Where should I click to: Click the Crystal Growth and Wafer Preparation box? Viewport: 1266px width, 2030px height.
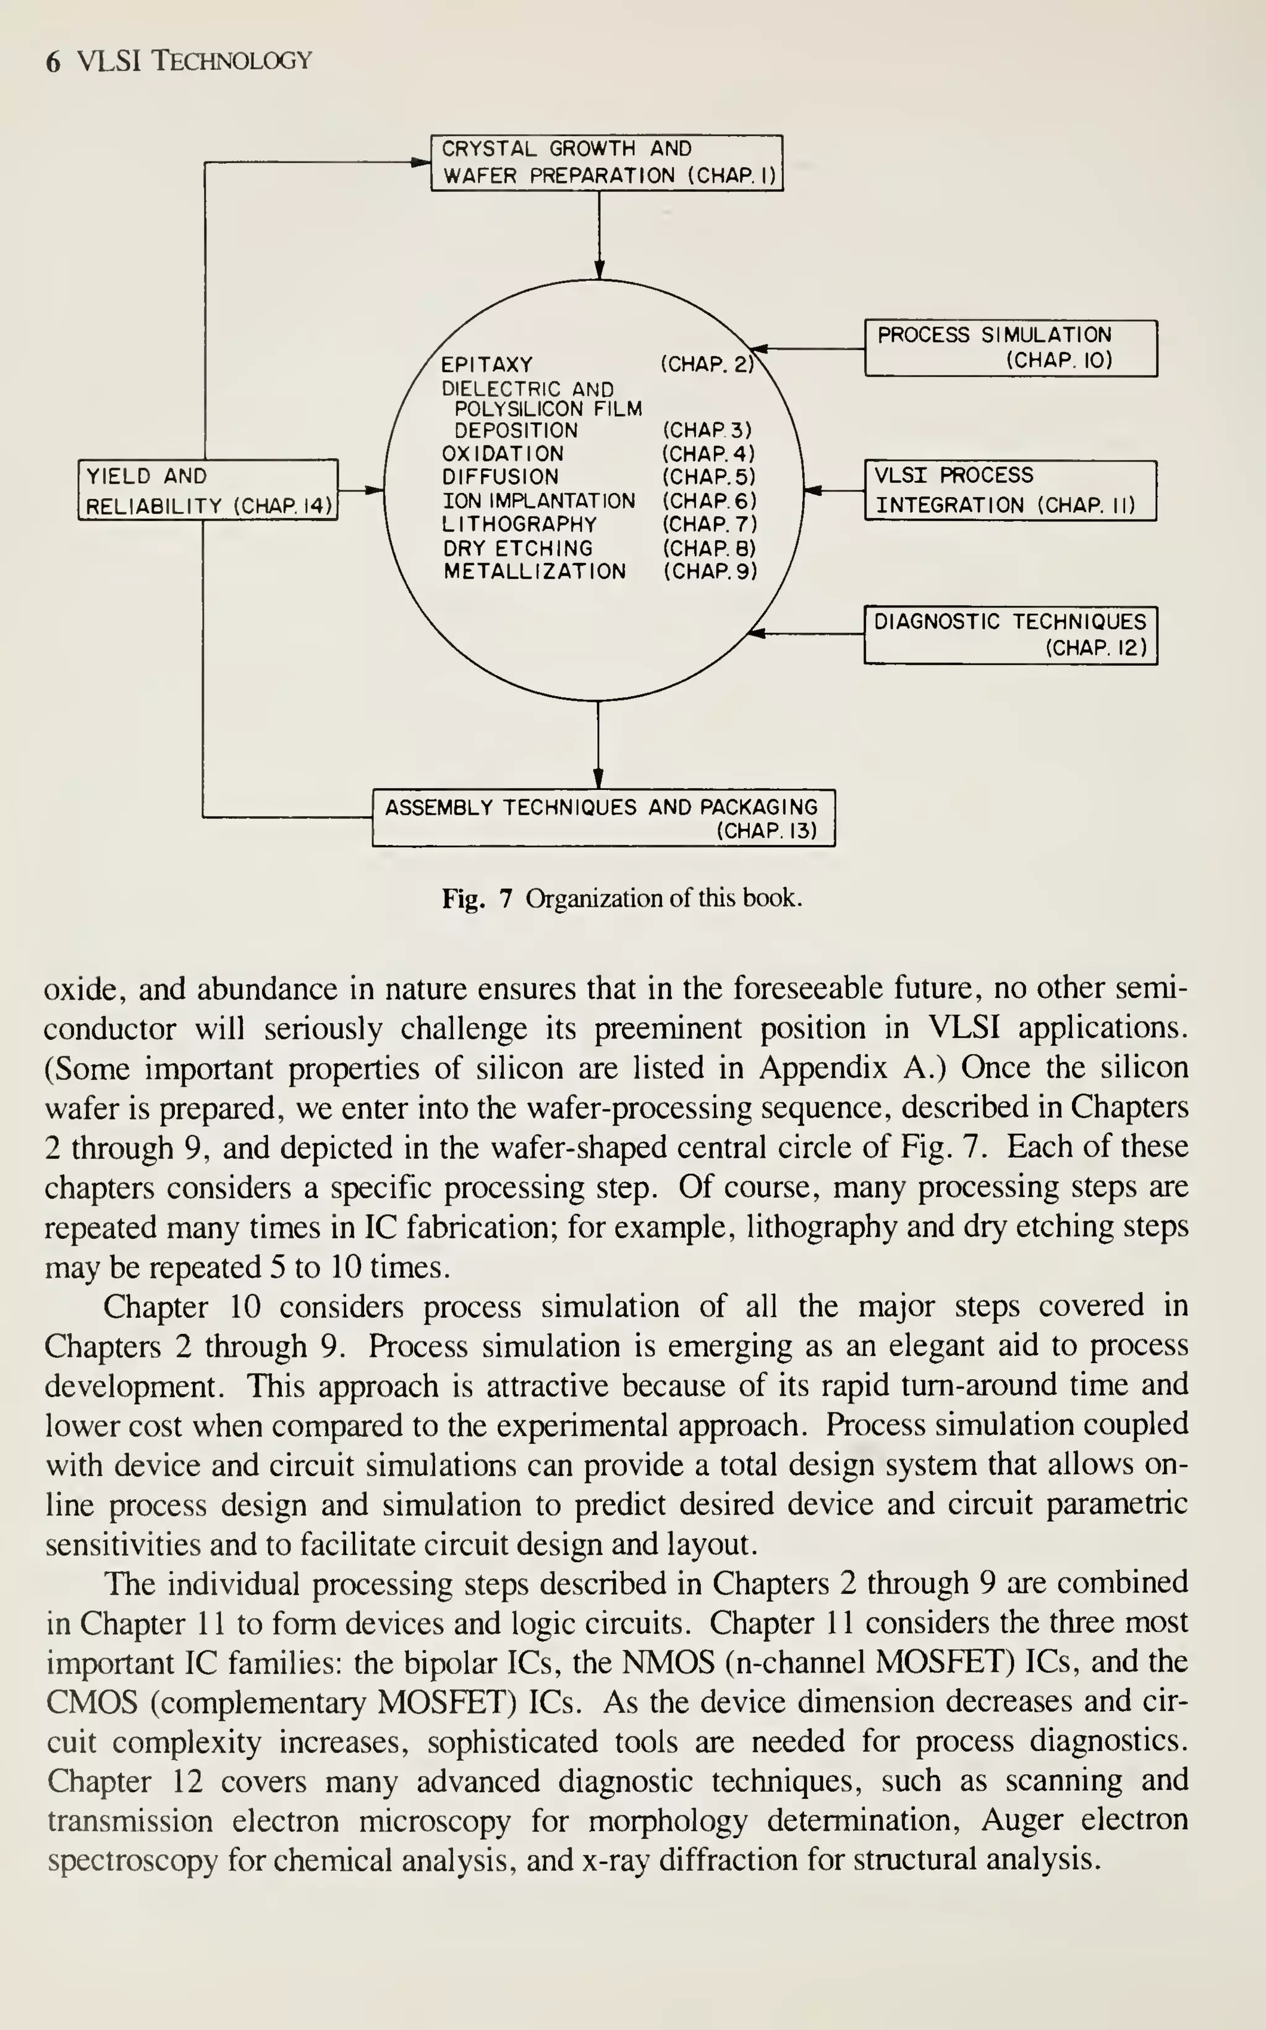click(606, 163)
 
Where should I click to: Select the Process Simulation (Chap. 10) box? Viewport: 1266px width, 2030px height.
click(1010, 347)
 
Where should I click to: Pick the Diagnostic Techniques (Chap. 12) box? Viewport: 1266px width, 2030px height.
click(1010, 635)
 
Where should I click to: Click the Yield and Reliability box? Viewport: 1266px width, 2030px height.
click(208, 490)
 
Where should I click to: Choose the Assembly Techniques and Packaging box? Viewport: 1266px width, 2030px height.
click(603, 818)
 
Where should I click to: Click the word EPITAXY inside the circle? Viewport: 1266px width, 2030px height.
click(486, 365)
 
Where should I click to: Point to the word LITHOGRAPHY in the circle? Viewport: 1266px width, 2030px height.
click(519, 525)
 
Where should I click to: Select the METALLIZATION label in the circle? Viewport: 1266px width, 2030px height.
click(534, 572)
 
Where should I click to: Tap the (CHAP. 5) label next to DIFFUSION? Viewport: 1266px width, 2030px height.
click(708, 477)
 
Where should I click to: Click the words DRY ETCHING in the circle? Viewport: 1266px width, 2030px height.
click(517, 548)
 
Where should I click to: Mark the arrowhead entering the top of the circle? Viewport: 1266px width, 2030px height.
click(598, 270)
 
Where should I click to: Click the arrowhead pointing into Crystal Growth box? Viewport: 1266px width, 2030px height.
click(421, 163)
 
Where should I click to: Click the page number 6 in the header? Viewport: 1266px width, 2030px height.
click(53, 62)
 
